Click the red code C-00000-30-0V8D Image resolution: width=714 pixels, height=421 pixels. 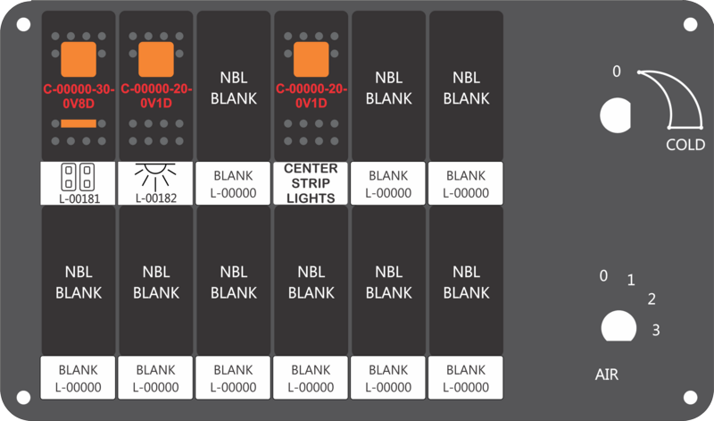tap(79, 97)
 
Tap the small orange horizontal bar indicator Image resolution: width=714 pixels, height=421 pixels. tap(79, 123)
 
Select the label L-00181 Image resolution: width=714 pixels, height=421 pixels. tap(79, 198)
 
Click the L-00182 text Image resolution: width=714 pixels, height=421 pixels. tap(156, 198)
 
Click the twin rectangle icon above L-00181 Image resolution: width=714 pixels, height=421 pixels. tap(78, 177)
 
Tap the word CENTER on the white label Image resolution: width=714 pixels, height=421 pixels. tap(311, 168)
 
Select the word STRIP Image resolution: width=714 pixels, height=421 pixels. tap(311, 183)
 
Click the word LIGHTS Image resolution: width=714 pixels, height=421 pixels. tap(311, 198)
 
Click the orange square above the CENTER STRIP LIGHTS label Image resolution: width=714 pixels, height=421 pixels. tap(311, 59)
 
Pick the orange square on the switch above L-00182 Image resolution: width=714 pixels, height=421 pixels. tap(156, 59)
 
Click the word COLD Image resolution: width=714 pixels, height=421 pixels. tap(685, 145)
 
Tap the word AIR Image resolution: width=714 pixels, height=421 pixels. tap(607, 375)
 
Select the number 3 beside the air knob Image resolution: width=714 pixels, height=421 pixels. tap(656, 330)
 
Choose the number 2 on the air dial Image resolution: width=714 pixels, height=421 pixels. tap(652, 299)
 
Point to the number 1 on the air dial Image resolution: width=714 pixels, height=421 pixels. tap(631, 280)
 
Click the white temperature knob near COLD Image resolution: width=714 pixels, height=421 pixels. tap(615, 115)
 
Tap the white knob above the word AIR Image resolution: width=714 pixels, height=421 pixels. tap(619, 326)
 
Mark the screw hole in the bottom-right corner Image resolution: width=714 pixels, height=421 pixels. tap(690, 397)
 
